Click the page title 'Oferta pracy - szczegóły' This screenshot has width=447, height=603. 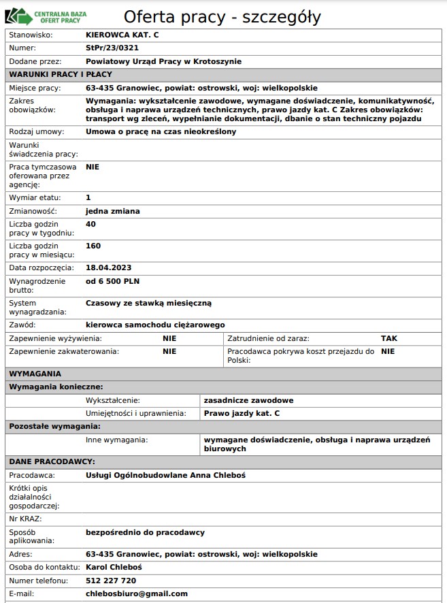(x=222, y=17)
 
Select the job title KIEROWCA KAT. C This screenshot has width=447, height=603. (x=122, y=34)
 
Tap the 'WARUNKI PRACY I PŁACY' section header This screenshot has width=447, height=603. (x=61, y=74)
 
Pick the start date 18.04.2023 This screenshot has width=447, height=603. (x=108, y=267)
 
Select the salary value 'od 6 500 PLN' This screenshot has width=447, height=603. (x=113, y=281)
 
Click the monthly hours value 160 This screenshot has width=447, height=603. (x=93, y=246)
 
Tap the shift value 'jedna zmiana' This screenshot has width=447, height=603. (x=113, y=211)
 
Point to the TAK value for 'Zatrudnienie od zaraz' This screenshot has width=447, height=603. (x=389, y=338)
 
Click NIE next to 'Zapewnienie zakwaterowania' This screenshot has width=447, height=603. (x=169, y=351)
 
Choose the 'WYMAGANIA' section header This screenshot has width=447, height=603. (x=35, y=374)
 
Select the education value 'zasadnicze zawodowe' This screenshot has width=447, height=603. (x=249, y=400)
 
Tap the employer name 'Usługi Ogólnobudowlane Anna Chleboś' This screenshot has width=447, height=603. (x=165, y=475)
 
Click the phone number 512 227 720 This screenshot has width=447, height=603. (x=111, y=581)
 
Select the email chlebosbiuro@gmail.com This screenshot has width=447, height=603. (x=137, y=593)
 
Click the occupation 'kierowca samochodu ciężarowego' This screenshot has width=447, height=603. (x=155, y=325)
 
